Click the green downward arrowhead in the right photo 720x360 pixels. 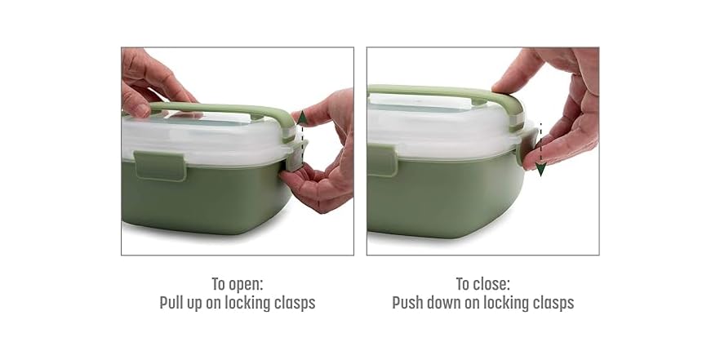pyautogui.click(x=540, y=169)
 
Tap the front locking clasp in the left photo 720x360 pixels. pyautogui.click(x=160, y=165)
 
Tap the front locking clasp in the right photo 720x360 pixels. pyautogui.click(x=381, y=159)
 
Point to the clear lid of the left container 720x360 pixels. pyautogui.click(x=204, y=139)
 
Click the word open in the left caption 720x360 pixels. pyautogui.click(x=244, y=285)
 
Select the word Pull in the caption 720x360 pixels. pyautogui.click(x=173, y=303)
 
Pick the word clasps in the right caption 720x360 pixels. pyautogui.click(x=551, y=303)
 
